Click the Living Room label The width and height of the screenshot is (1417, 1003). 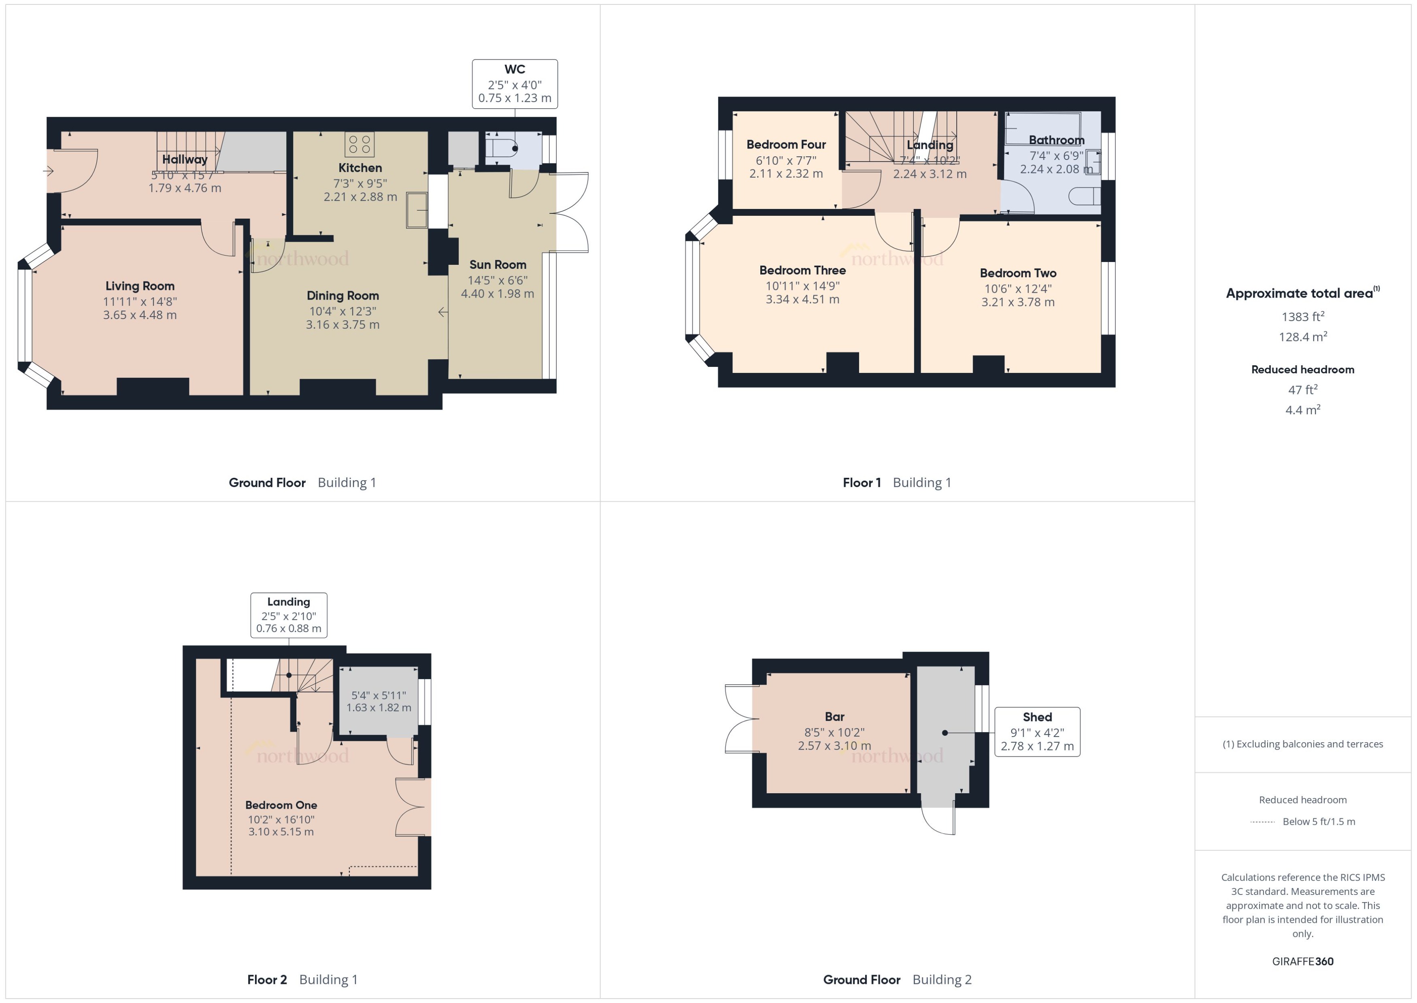[140, 286]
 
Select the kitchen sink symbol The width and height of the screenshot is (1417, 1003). [417, 210]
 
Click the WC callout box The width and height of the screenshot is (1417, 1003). [514, 84]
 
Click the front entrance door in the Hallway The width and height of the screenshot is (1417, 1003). [74, 171]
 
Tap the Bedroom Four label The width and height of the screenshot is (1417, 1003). [785, 145]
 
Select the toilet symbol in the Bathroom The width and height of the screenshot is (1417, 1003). [1085, 196]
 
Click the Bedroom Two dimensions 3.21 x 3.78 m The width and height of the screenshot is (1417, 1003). [1017, 302]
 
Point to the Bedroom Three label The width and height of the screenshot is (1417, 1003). [802, 270]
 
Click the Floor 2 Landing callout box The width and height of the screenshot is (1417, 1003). [288, 615]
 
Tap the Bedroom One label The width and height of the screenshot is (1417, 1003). [281, 805]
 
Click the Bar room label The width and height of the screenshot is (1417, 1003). [834, 716]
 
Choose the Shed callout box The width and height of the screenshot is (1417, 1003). [1037, 731]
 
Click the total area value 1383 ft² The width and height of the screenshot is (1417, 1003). [1302, 317]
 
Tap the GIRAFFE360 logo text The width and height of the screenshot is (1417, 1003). [1302, 962]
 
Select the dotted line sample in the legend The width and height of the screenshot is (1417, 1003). [1262, 822]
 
